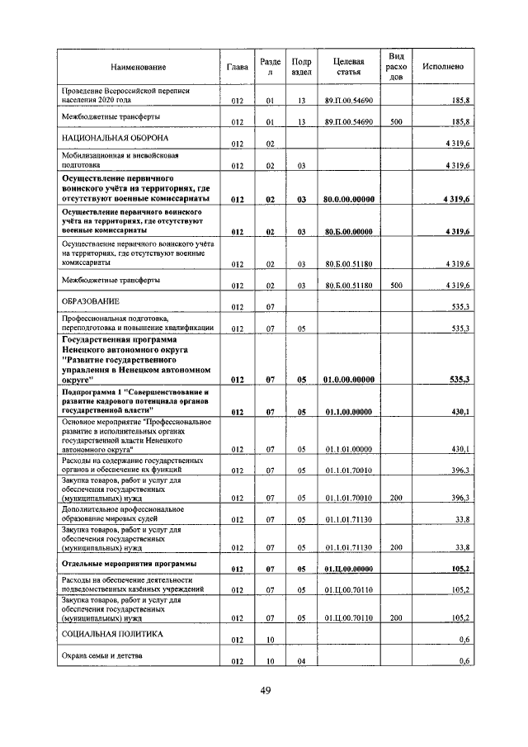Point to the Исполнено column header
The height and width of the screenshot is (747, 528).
(x=442, y=67)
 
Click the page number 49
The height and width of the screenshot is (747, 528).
(x=265, y=691)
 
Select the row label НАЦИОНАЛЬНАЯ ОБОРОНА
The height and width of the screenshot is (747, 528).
(x=104, y=138)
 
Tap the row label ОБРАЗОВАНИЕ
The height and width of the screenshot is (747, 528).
(x=92, y=301)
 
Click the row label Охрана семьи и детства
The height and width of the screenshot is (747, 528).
(x=103, y=656)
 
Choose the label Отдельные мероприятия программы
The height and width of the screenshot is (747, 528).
(x=130, y=564)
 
